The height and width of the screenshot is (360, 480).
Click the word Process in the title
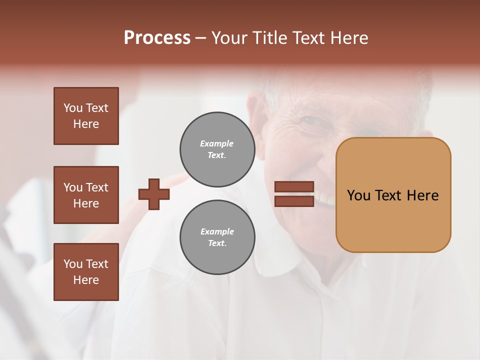coord(157,38)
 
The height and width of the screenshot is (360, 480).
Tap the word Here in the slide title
coord(346,38)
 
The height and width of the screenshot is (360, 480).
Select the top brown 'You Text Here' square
coord(86,116)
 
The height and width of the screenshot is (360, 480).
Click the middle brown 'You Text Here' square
coord(86,195)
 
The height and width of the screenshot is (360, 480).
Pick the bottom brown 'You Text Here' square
coord(86,272)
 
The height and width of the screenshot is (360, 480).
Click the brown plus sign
coord(154,194)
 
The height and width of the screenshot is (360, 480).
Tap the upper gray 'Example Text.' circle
coord(217,149)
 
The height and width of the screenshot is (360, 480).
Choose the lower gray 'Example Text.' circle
coord(217,237)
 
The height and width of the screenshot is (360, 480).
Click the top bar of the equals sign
coord(294,187)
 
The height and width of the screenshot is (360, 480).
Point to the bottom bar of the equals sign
coord(294,201)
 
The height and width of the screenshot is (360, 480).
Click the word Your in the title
coord(230,38)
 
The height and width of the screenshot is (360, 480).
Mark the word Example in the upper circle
coord(216,143)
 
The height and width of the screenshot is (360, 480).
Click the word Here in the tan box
coord(422,195)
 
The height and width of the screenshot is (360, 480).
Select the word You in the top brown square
coord(72,108)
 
